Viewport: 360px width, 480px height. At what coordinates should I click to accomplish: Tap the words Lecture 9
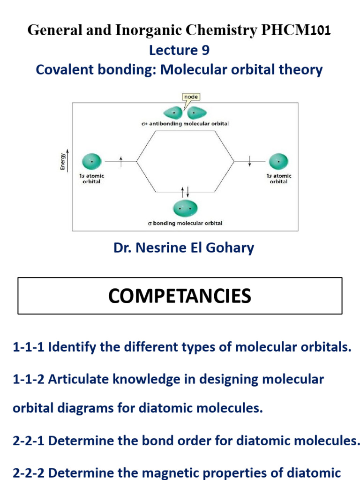[180, 50]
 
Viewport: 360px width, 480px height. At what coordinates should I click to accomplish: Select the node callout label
[191, 97]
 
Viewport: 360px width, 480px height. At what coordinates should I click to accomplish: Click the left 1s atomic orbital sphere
[91, 161]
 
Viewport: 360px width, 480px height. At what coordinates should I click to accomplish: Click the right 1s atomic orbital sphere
[278, 161]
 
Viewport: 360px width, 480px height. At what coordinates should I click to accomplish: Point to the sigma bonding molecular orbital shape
[185, 208]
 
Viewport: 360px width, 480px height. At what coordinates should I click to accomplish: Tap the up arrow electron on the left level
[121, 161]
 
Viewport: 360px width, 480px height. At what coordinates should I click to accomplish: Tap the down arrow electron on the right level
[250, 161]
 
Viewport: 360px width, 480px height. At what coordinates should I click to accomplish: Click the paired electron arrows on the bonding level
[185, 191]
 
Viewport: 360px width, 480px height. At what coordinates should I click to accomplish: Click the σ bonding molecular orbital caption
[185, 223]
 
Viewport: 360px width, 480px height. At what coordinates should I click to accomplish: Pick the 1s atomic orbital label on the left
[91, 179]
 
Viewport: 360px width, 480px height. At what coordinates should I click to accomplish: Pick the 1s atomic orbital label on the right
[279, 179]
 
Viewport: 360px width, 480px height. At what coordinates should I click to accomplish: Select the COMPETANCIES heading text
[180, 296]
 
